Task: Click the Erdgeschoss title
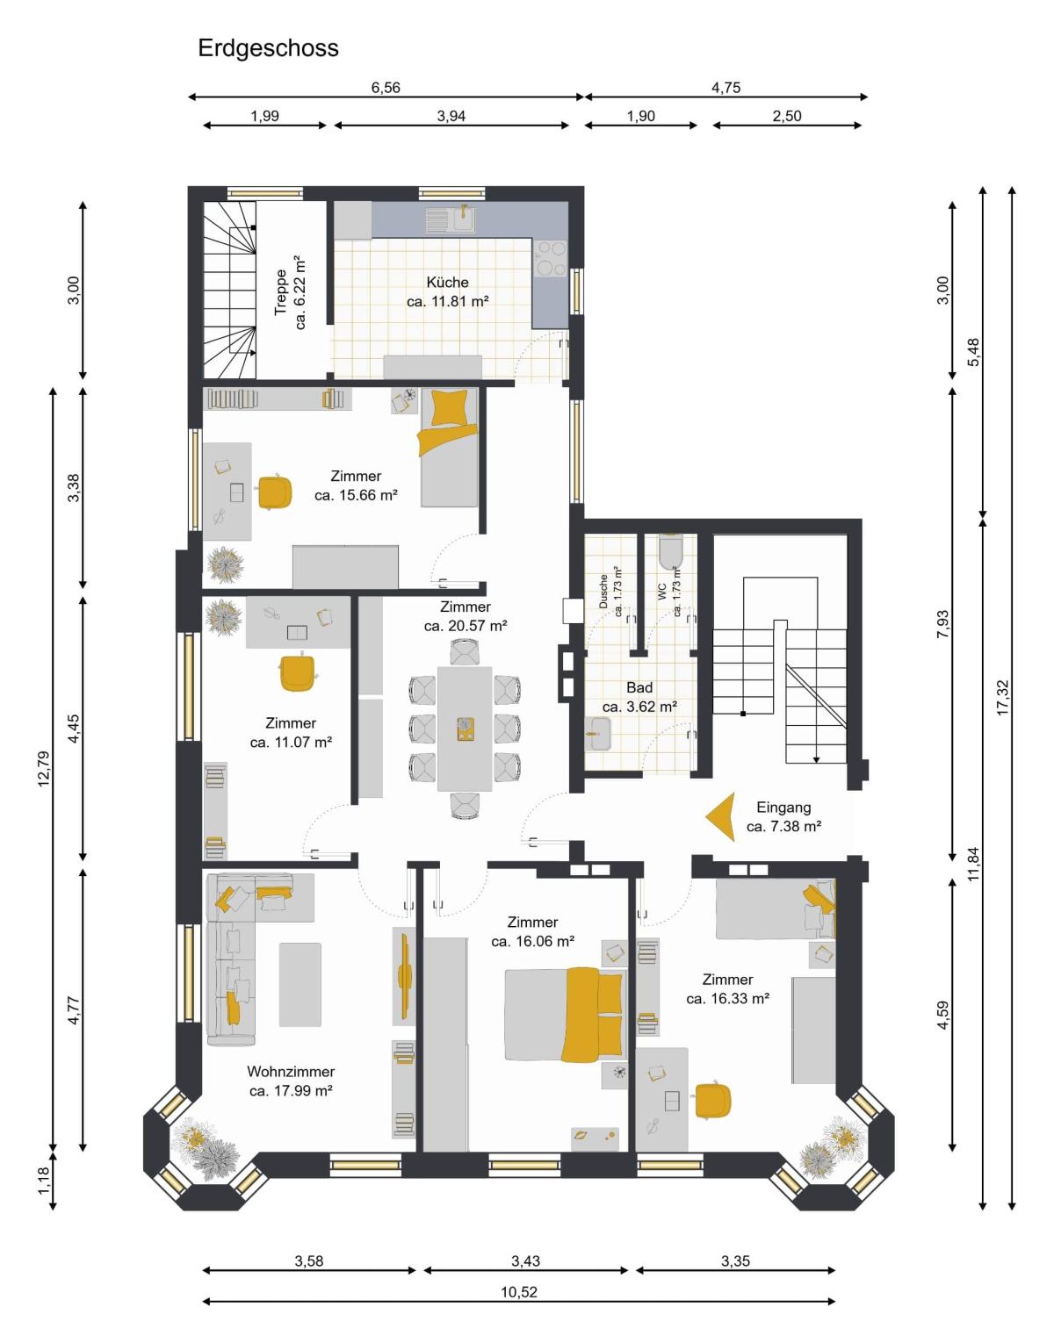pos(268,48)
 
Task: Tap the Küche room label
pos(447,283)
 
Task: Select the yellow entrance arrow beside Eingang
pos(721,816)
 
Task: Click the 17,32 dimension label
pos(1002,698)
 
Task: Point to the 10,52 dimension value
pos(519,1292)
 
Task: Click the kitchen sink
pos(464,220)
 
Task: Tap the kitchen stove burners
pos(550,258)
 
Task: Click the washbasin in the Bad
pos(601,734)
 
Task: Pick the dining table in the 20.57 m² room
pos(465,729)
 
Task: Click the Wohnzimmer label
pos(291,1071)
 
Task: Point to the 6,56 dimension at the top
pos(385,88)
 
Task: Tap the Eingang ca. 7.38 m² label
pos(783,816)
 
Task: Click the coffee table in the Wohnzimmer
pos(300,985)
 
